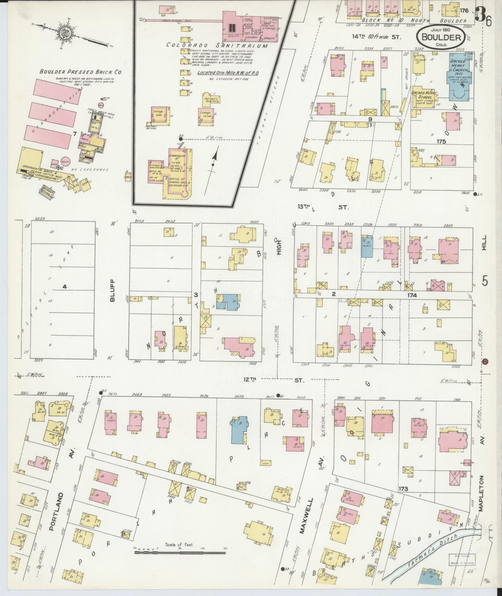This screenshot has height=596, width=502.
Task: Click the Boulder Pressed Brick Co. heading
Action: (80, 72)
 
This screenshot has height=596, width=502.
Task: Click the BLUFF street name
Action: (112, 290)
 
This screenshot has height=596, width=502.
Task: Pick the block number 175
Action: (441, 141)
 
